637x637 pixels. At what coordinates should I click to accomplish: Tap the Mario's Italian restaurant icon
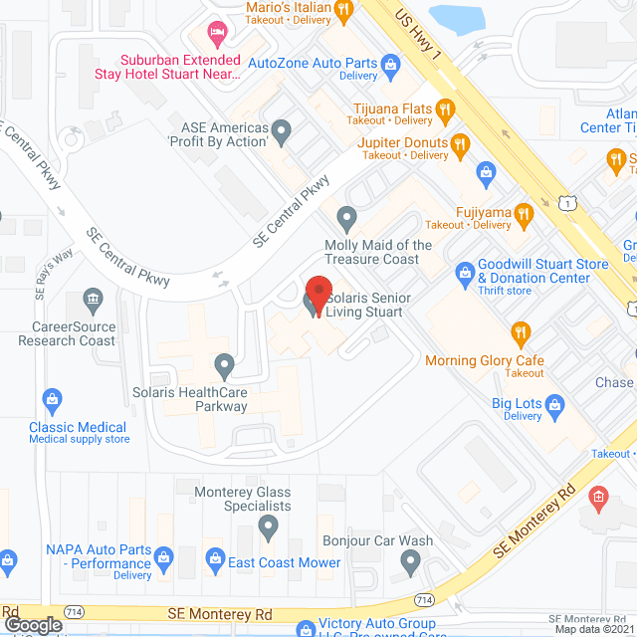tap(344, 11)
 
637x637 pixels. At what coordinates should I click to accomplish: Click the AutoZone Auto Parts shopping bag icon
tap(391, 66)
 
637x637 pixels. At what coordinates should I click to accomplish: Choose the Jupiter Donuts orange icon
tap(459, 143)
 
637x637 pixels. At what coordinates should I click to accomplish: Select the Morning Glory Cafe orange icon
tap(519, 333)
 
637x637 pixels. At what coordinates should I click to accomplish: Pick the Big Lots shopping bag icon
tap(555, 404)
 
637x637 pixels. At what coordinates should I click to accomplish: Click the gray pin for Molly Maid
tap(346, 216)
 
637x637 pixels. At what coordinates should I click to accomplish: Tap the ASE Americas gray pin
tap(282, 128)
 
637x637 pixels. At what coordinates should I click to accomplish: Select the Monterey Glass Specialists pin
tap(268, 526)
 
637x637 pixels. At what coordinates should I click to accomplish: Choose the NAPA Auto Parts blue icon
tap(164, 555)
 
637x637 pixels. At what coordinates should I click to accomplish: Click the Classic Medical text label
tap(79, 427)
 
